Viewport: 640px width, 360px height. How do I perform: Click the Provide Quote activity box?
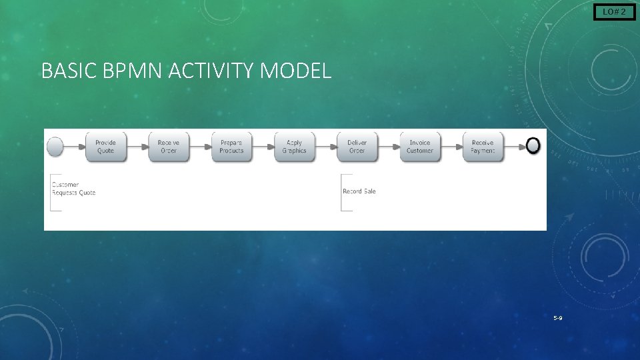pos(105,147)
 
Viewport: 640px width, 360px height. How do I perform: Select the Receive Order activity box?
pos(169,147)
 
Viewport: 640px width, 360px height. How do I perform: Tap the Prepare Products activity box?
pos(231,147)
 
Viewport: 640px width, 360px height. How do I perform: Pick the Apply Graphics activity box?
pos(294,147)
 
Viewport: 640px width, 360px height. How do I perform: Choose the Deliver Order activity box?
pos(357,147)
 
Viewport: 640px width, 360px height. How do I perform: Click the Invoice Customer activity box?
pos(420,147)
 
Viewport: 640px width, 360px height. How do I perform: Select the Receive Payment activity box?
pos(483,147)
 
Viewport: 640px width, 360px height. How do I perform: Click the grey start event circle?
pos(55,146)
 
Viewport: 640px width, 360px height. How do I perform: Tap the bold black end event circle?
pos(533,146)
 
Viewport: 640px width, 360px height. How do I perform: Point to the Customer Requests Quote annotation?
pos(73,189)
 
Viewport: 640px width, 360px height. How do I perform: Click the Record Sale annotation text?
pos(359,191)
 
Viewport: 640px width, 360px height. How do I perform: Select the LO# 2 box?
pos(614,11)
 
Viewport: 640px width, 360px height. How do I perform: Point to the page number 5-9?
pos(557,318)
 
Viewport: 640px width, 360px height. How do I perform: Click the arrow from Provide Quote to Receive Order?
pos(137,146)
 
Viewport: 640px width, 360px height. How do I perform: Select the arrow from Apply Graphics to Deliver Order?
pos(325,146)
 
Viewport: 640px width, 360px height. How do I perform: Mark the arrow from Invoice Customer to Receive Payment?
pos(451,146)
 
